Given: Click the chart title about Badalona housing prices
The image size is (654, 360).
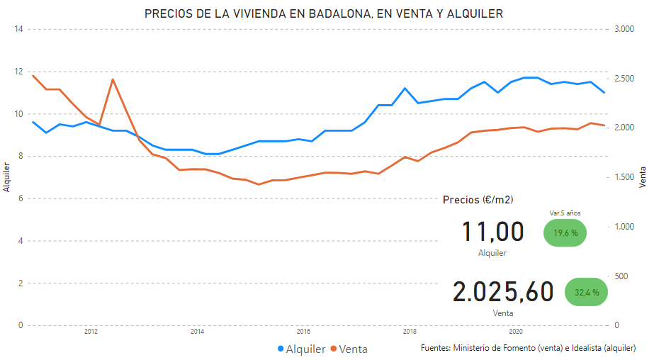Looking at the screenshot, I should point(325,13).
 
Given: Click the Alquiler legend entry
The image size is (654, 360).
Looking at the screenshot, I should point(302,349).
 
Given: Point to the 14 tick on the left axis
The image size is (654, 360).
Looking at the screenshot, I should point(19,29).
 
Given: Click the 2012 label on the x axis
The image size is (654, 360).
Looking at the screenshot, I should point(91,331).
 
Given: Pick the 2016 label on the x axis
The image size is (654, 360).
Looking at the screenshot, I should point(303,331).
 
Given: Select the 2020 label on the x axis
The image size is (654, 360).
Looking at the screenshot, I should point(516,331).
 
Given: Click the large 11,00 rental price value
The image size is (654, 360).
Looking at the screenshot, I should point(492,232).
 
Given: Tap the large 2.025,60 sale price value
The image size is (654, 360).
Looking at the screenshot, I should point(503,291).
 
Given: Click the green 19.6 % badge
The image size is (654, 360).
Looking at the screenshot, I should point(565,232).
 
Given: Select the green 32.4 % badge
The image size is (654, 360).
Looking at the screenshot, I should point(586,292).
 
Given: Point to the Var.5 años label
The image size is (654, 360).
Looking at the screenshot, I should point(565,212).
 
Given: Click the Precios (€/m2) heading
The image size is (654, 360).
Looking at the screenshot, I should point(478,200).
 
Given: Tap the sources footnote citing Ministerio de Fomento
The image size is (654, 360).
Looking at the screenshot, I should point(528,348).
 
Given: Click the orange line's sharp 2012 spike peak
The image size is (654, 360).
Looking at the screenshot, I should point(113,79).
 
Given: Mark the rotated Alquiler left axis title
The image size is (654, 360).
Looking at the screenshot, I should point(7,178).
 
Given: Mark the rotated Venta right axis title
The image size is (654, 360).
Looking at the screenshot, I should point(643,178).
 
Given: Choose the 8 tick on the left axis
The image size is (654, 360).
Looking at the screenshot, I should point(21,157).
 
